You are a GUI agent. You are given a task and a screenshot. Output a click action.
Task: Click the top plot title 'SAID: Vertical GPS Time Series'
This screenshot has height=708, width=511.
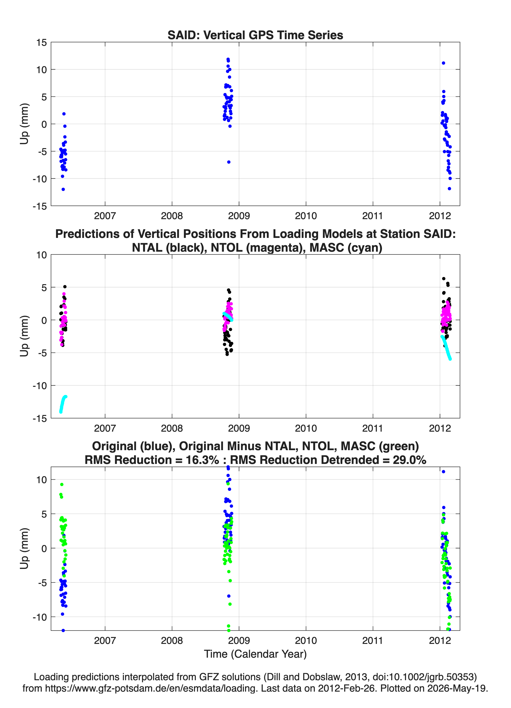(255, 35)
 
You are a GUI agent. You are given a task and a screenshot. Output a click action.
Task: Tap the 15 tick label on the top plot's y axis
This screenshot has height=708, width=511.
(42, 42)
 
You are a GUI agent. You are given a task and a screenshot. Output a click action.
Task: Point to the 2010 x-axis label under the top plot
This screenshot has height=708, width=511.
(306, 216)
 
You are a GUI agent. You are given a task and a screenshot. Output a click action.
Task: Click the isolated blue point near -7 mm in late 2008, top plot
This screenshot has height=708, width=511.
(229, 162)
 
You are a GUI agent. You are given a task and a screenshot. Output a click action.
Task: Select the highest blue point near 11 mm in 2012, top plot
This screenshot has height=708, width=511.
(443, 63)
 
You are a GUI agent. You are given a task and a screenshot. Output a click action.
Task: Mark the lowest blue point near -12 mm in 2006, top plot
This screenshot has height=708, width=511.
(63, 189)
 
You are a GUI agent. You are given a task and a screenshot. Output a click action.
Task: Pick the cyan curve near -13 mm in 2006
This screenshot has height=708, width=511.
(63, 404)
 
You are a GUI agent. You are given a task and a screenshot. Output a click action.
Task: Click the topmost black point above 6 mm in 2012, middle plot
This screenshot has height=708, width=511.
(444, 279)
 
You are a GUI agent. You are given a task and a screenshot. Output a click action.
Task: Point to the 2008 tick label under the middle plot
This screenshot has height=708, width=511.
(172, 428)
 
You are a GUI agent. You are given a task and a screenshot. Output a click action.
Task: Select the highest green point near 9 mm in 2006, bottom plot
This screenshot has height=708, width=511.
(62, 485)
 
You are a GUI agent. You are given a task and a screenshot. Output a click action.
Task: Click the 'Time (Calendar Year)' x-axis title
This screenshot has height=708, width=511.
(255, 654)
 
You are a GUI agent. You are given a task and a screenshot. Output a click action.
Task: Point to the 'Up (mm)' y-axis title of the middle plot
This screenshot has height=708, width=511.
(24, 336)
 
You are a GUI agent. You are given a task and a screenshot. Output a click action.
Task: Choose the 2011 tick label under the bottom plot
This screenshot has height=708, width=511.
(373, 641)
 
